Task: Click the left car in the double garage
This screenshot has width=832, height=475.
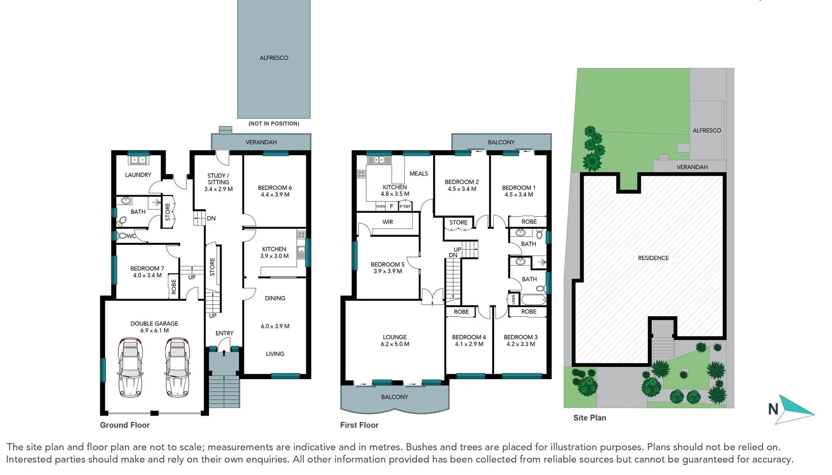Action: pos(130,367)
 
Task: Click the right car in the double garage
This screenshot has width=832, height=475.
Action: pos(178,367)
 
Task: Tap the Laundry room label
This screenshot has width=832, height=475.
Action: pos(138,175)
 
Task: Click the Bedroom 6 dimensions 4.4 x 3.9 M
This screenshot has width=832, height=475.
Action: pos(275,194)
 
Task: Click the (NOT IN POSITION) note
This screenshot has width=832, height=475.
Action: pos(274,124)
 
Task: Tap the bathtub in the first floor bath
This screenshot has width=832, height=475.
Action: pos(533,300)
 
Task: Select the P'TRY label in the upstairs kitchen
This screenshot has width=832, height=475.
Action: pos(405,206)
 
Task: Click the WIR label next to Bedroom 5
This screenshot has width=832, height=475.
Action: pos(388,222)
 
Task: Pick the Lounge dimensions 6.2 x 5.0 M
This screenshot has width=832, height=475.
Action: pos(395,344)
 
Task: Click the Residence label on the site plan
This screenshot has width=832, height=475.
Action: pos(653,258)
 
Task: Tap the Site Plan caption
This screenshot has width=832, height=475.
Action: pos(589,418)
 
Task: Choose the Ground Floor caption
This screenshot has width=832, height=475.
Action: pos(125,425)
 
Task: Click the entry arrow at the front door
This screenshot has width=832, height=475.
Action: pos(224,353)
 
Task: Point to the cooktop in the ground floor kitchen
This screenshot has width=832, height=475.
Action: pos(301,235)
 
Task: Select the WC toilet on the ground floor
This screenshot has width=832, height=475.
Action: pos(122,236)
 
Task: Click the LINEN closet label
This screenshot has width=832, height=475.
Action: pos(513,300)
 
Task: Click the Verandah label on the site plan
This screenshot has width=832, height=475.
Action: pos(692,167)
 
